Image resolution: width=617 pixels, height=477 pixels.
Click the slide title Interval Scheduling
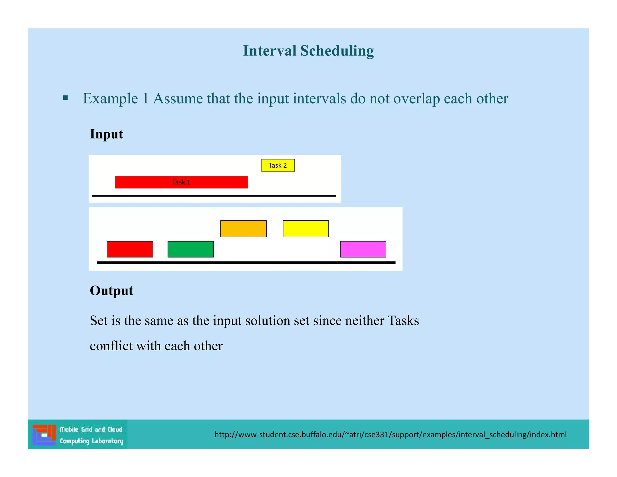[x=308, y=51]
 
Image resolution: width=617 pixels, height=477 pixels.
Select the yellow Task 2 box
[x=278, y=165]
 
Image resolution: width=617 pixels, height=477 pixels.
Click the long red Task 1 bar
[x=181, y=182]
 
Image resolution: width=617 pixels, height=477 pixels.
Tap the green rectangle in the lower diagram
[x=190, y=249]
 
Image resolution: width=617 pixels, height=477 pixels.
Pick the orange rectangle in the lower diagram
[x=243, y=229]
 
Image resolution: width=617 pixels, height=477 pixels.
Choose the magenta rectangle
[x=363, y=249]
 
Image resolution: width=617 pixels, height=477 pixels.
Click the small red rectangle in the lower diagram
[x=130, y=249]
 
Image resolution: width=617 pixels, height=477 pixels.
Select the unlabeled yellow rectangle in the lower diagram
[x=306, y=229]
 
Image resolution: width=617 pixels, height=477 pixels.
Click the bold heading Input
[x=106, y=134]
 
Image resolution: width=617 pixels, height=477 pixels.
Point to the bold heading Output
[x=111, y=291]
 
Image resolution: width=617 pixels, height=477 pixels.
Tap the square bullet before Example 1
[x=65, y=98]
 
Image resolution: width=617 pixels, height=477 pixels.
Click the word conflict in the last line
[x=111, y=346]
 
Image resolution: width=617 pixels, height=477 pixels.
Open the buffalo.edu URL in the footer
[x=390, y=434]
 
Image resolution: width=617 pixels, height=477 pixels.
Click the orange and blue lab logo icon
[x=44, y=434]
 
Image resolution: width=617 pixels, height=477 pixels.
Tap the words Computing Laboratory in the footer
[x=91, y=441]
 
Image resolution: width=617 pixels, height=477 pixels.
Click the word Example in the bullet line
[x=110, y=99]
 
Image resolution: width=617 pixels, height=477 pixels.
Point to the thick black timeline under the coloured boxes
[x=246, y=263]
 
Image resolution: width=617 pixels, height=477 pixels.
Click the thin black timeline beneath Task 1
[x=214, y=196]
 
